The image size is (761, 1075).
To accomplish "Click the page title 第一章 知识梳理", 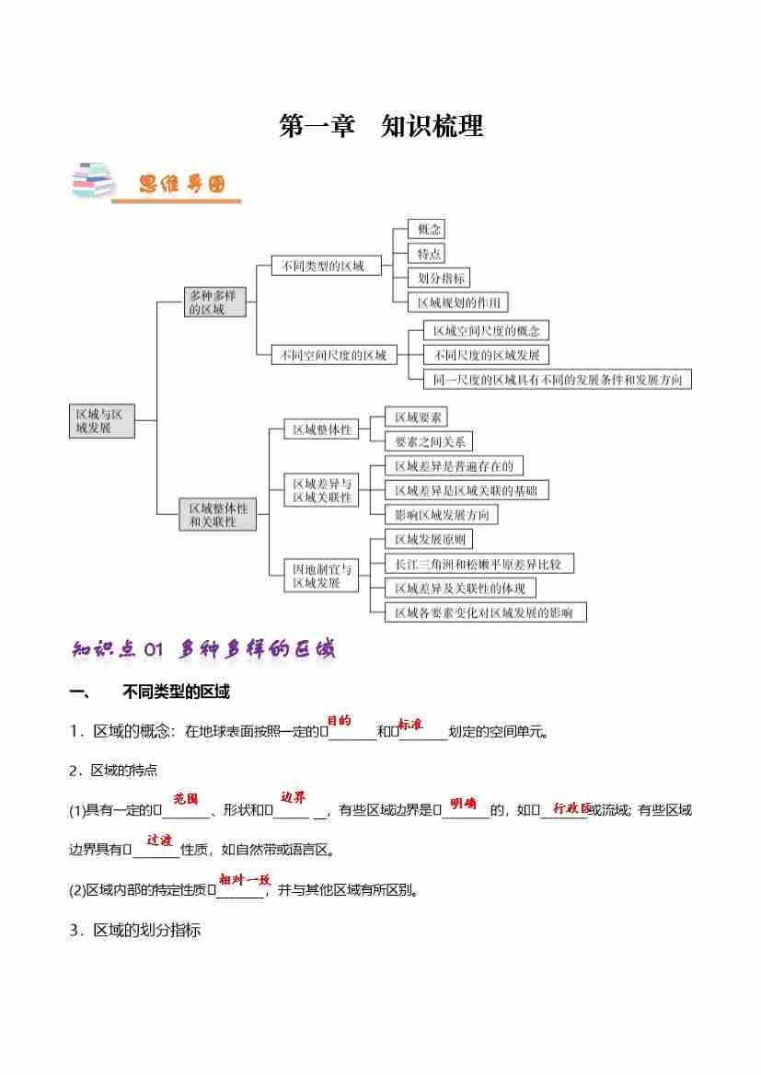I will (x=381, y=127).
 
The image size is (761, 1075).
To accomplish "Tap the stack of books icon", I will (x=92, y=181).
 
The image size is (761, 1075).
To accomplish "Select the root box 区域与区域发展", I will (x=101, y=420).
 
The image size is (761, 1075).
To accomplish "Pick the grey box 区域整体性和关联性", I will (x=218, y=514).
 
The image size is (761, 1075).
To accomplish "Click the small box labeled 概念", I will (x=429, y=229).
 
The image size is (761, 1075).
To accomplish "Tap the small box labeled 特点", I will (x=429, y=254).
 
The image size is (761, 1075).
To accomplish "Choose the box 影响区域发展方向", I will (x=442, y=514).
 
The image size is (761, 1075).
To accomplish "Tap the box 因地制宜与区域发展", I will (x=321, y=575).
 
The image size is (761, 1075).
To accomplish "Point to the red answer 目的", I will (x=340, y=721).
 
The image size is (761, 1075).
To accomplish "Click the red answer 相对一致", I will (x=244, y=879).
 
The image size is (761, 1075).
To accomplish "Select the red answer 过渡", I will (x=159, y=840).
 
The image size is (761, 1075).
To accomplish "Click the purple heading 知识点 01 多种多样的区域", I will (x=203, y=649).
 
